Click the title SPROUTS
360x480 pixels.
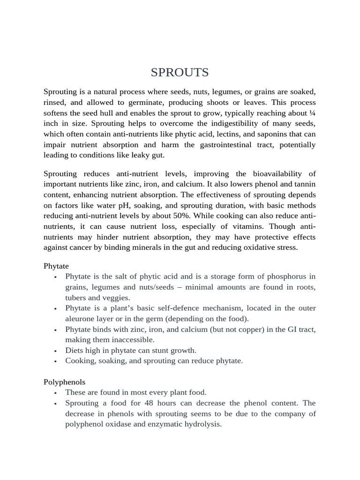click(180, 73)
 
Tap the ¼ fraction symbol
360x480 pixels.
click(312, 113)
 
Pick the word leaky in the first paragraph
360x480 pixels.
click(136, 155)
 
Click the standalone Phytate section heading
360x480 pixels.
click(56, 266)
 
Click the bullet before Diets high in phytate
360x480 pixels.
click(56, 351)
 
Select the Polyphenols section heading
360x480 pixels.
click(64, 382)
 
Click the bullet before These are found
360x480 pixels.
click(56, 393)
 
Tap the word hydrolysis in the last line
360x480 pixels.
click(204, 424)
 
